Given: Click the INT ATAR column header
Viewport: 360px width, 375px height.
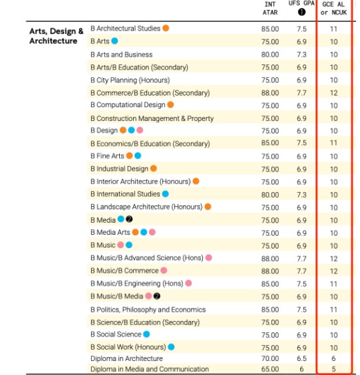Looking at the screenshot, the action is coord(270,9).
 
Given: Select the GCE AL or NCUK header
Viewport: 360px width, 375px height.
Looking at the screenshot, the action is coord(333,9).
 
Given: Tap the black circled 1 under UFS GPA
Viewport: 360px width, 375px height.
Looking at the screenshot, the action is coord(301,12).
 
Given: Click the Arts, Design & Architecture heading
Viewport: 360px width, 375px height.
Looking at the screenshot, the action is coord(57,36).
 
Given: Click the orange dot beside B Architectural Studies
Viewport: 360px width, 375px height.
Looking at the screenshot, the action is coord(166,28).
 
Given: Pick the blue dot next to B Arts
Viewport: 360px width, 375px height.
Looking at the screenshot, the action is coord(114,41).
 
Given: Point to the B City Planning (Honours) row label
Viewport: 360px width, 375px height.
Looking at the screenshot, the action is coord(130,80).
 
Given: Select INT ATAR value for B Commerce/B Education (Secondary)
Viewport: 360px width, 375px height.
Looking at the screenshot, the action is coord(270,93).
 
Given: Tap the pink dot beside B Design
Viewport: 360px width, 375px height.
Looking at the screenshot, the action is coord(140,130).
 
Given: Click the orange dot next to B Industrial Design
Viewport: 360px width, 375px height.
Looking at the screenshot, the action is coord(154,168).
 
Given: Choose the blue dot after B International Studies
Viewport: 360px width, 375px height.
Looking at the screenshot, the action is coord(166,193).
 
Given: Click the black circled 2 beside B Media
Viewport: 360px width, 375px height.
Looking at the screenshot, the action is coord(129,219).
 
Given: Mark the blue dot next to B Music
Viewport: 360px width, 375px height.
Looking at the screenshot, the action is coord(129,245).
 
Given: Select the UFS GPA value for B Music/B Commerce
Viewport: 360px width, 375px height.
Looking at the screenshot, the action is coord(301,271).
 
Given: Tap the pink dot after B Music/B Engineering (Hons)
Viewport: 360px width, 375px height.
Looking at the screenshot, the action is coord(188,283).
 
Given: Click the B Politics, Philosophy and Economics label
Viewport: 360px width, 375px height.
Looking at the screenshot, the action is coord(148,310).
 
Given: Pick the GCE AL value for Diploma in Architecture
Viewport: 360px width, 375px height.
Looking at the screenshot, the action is coord(333,358).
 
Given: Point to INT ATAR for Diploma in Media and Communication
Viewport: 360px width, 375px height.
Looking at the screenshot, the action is coord(270,369).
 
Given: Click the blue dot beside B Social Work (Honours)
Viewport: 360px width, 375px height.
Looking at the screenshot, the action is coord(171,347).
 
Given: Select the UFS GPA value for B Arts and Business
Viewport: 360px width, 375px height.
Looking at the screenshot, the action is coord(301,55).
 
